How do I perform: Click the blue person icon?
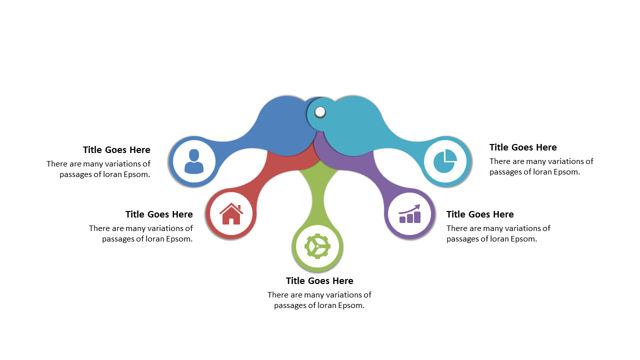(x=194, y=161)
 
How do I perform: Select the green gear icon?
(x=317, y=246)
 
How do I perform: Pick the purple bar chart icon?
(x=409, y=213)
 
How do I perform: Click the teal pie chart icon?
(x=445, y=161)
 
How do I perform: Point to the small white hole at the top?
(x=320, y=112)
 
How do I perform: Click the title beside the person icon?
(x=116, y=149)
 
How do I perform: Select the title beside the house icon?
(x=159, y=214)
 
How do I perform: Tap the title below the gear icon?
(x=319, y=281)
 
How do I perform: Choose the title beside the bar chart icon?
(x=480, y=214)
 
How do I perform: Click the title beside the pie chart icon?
(x=523, y=147)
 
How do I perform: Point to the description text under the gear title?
(x=319, y=300)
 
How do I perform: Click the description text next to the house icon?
(x=141, y=233)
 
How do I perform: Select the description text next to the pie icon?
(x=541, y=166)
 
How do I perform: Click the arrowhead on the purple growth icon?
(x=417, y=206)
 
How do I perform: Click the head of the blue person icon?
(x=194, y=155)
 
